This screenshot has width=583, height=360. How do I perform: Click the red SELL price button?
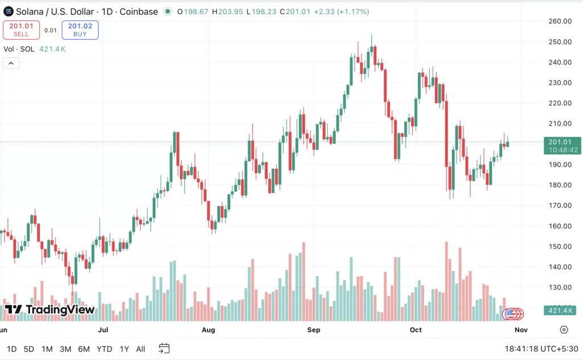click(21, 30)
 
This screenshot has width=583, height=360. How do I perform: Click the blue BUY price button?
click(80, 30)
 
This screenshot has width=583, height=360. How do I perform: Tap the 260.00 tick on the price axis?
click(560, 21)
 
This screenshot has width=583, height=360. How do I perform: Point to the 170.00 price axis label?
click(560, 205)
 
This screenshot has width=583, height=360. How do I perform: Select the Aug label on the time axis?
click(208, 330)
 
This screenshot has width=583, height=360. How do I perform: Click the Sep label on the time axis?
click(314, 330)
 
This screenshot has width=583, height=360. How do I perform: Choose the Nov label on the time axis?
click(520, 330)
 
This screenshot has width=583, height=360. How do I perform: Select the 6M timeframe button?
click(84, 349)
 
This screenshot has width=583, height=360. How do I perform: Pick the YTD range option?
click(104, 349)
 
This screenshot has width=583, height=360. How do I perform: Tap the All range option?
click(141, 349)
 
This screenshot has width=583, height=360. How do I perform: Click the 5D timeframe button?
click(28, 349)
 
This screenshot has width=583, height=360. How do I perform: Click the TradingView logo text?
click(50, 310)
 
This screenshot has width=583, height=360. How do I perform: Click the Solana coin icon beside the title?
click(8, 11)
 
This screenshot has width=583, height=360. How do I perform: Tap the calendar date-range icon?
click(164, 348)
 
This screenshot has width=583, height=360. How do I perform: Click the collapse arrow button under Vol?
click(11, 63)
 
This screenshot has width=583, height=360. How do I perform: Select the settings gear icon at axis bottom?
click(564, 330)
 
